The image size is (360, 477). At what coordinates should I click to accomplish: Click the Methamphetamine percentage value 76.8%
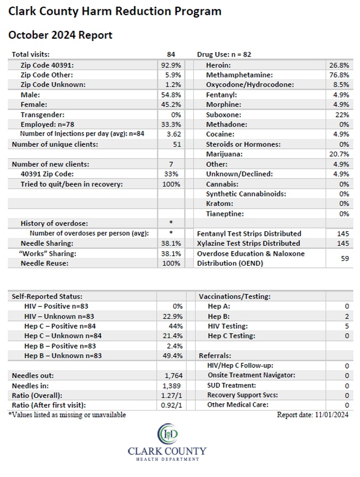click(x=339, y=75)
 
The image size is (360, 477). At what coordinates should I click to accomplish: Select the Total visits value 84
click(x=171, y=54)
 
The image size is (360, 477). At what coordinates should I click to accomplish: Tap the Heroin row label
click(x=218, y=65)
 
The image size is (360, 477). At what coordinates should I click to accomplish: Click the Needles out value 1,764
click(x=173, y=376)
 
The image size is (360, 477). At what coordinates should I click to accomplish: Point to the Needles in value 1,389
click(x=172, y=386)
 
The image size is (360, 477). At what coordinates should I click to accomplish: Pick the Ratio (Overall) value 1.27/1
click(x=172, y=396)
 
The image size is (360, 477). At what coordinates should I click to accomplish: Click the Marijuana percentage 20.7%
click(x=339, y=154)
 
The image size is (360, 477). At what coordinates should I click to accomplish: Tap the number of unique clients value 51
click(x=177, y=144)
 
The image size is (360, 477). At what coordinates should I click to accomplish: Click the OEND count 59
click(x=345, y=258)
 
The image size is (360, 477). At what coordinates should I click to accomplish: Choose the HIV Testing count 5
click(x=347, y=326)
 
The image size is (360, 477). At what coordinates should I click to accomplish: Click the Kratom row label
click(x=219, y=204)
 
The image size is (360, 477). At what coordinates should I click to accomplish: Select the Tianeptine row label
click(x=225, y=214)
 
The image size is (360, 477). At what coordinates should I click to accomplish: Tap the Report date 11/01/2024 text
click(x=312, y=414)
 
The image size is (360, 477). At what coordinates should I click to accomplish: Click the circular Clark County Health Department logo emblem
click(x=167, y=434)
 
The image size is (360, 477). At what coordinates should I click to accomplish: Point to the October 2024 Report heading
click(x=60, y=35)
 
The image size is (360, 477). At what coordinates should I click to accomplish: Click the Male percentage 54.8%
click(x=171, y=95)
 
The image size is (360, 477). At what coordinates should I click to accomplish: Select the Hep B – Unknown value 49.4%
click(x=173, y=356)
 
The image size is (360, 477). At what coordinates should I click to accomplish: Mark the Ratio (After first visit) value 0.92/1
click(x=172, y=405)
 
